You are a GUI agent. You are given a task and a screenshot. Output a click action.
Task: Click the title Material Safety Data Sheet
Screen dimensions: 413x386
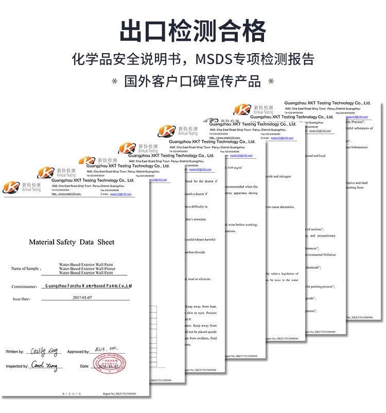[72, 242]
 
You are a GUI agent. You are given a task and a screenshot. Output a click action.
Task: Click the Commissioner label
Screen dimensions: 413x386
[24, 286]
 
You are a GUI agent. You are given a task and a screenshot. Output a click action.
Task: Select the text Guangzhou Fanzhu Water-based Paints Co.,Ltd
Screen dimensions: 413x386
[89, 285]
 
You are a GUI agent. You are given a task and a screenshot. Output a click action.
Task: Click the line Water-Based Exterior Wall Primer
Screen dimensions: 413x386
[85, 269]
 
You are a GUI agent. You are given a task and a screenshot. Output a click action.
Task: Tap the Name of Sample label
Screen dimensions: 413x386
[25, 269]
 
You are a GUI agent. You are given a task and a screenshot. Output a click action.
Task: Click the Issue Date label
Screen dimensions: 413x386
[22, 299]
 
